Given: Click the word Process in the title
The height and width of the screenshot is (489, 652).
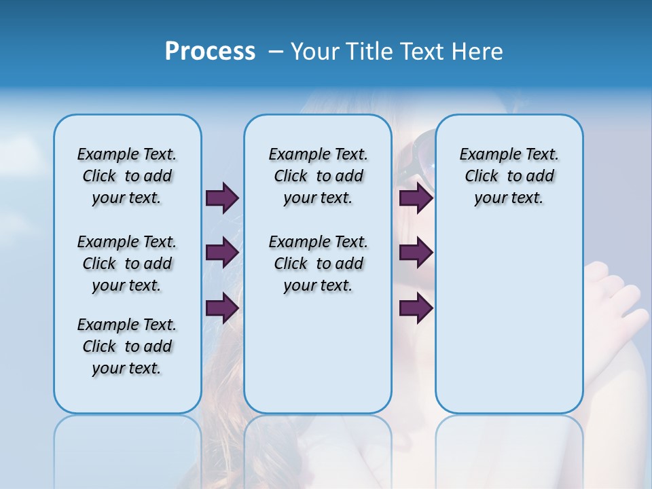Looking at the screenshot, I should click(x=210, y=52).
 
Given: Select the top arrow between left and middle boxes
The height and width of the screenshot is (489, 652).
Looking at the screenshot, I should click(x=222, y=198).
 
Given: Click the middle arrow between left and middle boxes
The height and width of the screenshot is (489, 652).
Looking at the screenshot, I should click(x=222, y=253).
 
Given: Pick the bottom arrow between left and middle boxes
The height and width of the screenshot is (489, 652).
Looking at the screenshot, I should click(x=222, y=308).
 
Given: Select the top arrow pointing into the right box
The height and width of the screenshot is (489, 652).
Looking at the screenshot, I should click(x=416, y=198).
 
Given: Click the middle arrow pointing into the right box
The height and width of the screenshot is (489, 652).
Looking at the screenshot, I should click(x=416, y=253).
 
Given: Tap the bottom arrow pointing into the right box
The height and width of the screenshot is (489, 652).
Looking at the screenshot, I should click(x=416, y=308).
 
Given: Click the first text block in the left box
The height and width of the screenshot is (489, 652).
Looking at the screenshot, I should click(x=127, y=176).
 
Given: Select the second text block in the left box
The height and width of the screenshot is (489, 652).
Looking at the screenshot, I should click(x=127, y=264).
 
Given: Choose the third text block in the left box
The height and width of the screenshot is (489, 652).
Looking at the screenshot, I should click(x=127, y=346).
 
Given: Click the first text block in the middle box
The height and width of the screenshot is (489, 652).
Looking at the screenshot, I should click(x=318, y=176).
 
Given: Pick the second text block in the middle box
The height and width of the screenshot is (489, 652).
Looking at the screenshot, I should click(x=318, y=264).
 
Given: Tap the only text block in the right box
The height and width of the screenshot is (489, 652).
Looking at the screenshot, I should click(x=509, y=176).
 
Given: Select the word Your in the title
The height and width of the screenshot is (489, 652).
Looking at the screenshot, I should click(x=315, y=52).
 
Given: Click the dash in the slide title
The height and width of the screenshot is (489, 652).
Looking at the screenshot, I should click(x=276, y=52).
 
